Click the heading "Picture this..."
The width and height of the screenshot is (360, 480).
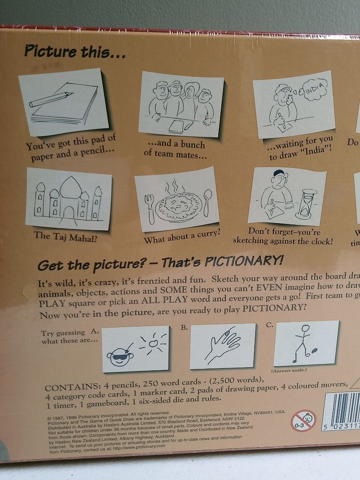click(x=75, y=52)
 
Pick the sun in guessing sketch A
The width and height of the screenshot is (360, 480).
click(x=153, y=343)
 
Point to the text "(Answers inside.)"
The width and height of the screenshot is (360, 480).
click(x=288, y=370)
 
